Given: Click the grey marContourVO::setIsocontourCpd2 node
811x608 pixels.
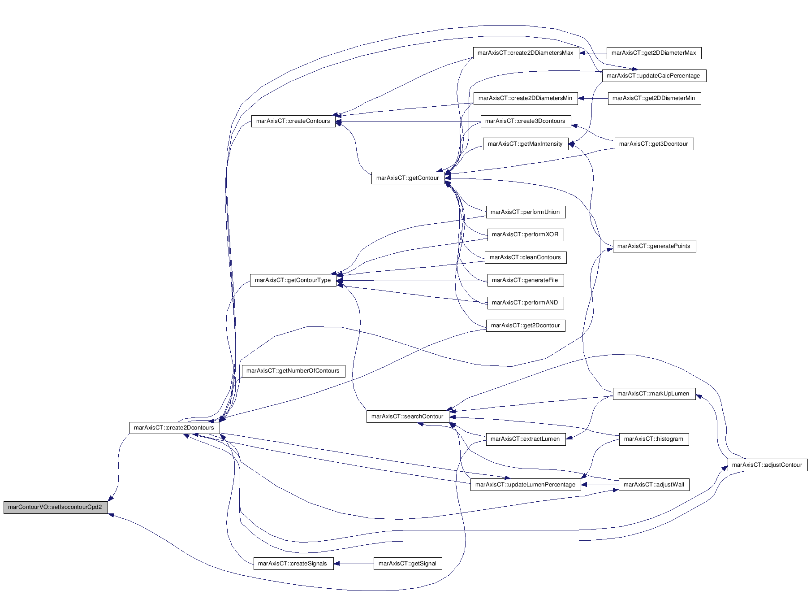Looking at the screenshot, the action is [x=56, y=508].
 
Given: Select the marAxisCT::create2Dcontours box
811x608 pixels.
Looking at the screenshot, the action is [x=174, y=428].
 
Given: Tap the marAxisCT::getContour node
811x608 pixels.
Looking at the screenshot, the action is [x=408, y=178].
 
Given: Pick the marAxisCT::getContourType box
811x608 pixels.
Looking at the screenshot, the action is [x=293, y=280].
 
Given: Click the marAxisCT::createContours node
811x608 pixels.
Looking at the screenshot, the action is [x=293, y=121].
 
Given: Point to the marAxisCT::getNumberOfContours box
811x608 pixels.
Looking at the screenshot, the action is [x=293, y=371].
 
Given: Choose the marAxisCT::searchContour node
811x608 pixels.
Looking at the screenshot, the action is [x=407, y=417].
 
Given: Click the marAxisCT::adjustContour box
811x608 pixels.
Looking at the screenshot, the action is [x=768, y=465].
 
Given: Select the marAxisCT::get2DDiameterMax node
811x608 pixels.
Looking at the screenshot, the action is [x=654, y=53].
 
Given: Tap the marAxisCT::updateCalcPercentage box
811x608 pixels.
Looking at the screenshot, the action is [x=654, y=76].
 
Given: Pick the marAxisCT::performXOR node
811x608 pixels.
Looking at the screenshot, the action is [x=526, y=235].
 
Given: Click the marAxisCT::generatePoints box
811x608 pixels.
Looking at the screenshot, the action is [x=654, y=246].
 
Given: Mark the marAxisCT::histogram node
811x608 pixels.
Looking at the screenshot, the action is [x=654, y=439].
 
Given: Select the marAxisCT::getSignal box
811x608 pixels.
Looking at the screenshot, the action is [x=408, y=564].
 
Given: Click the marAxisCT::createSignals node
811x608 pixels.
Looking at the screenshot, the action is [x=293, y=564].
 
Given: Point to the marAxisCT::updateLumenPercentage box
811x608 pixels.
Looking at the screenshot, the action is [x=526, y=485].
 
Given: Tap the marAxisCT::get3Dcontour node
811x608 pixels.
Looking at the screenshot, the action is [x=654, y=144].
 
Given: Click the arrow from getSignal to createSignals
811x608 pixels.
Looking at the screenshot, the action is [x=354, y=564].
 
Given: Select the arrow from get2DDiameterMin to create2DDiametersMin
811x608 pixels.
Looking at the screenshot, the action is [x=593, y=98].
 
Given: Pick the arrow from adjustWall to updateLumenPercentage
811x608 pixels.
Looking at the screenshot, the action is [x=600, y=485].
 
